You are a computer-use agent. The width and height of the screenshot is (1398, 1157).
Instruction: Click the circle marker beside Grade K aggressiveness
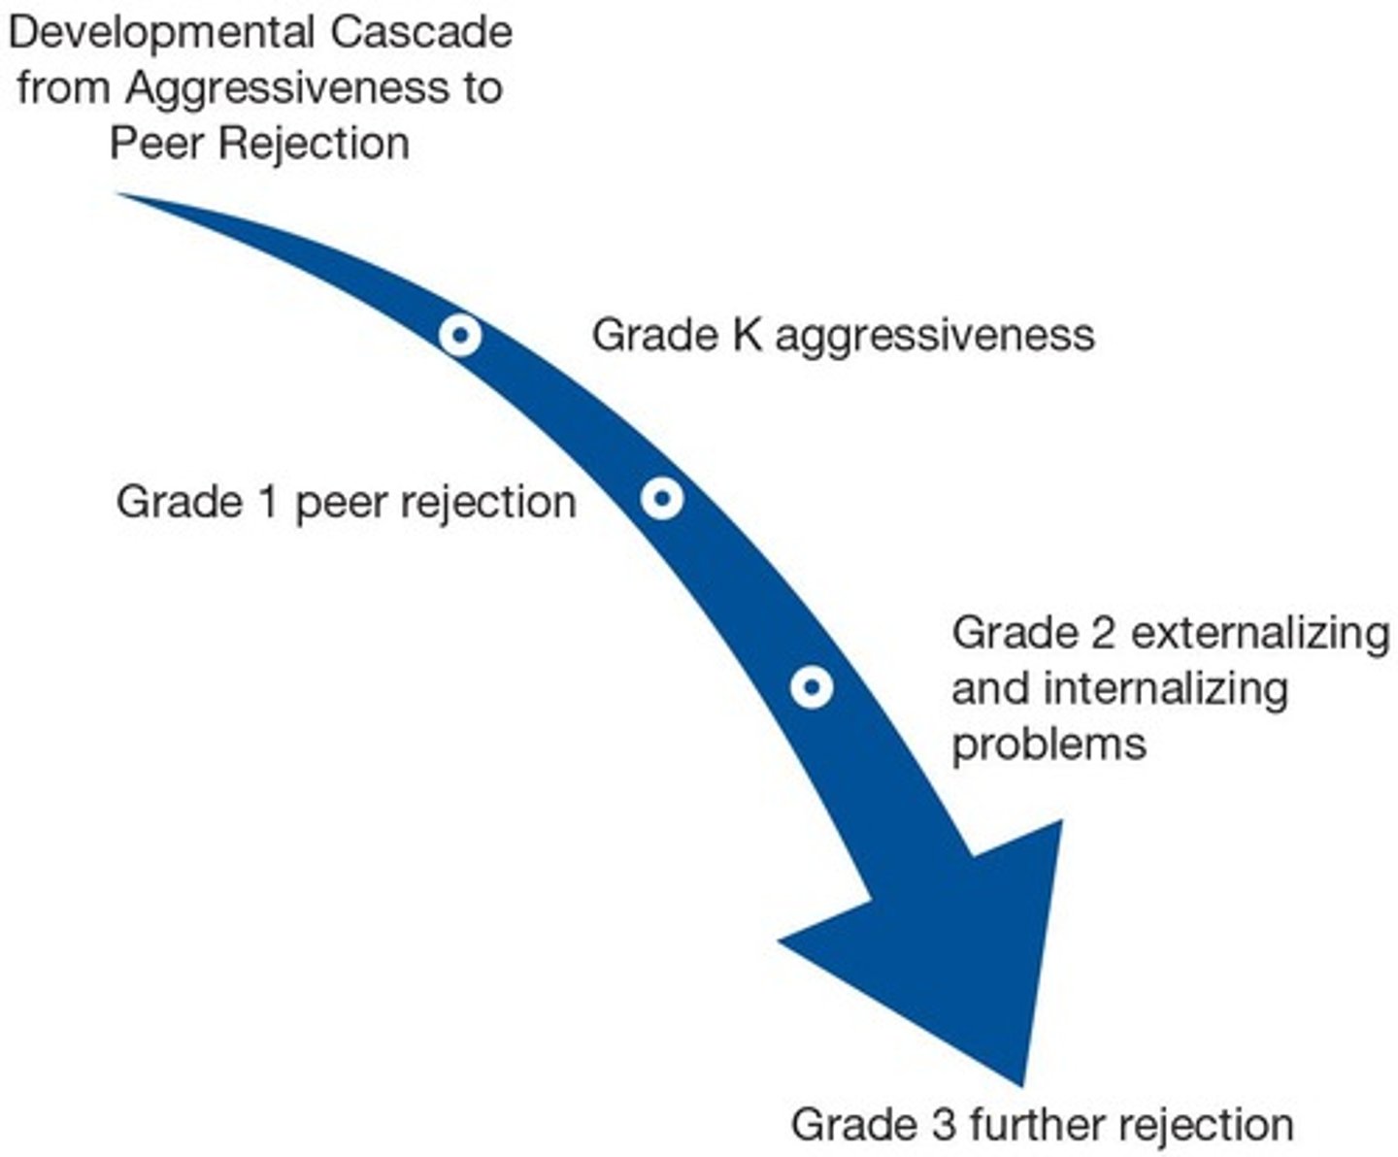[460, 336]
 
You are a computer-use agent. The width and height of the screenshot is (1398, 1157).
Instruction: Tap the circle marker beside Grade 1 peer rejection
[662, 499]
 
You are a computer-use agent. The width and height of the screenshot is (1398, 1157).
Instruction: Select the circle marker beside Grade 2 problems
[812, 688]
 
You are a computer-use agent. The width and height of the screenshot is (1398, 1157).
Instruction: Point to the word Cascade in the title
[421, 32]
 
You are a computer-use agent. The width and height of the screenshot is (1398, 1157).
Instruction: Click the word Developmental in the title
[160, 32]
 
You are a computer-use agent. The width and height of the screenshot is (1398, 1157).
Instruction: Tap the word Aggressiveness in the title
[284, 88]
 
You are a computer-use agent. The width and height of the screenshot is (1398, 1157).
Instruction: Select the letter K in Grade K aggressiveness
[748, 336]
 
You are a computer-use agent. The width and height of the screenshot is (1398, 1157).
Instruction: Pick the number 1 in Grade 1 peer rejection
[268, 503]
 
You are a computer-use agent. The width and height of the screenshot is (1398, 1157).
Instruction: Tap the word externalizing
[1260, 633]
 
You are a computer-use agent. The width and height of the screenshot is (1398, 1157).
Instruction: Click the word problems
[1048, 745]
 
